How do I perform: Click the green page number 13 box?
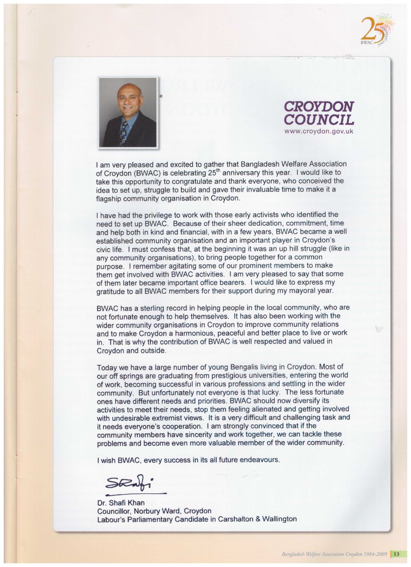pyautogui.click(x=396, y=554)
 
